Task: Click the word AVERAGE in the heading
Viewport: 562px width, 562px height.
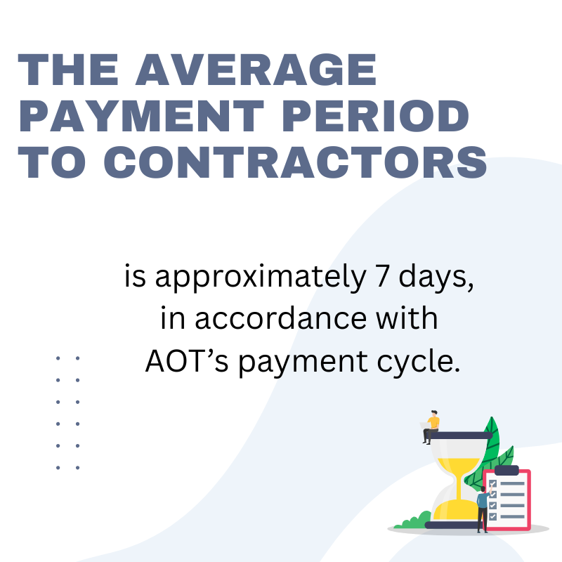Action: [256, 70]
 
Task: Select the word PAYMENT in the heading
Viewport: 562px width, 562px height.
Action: [142, 116]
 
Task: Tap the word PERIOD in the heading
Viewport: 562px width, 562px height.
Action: [376, 116]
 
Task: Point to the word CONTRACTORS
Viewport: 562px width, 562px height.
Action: [295, 162]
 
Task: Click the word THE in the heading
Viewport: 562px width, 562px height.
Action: [68, 70]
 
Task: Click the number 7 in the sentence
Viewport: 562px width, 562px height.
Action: [382, 275]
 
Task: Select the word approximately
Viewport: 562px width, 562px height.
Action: [261, 277]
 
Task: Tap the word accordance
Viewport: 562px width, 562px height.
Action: [280, 318]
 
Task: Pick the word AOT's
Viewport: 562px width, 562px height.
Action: [187, 360]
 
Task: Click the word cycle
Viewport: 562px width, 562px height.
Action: [418, 362]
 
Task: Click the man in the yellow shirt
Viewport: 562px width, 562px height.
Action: [431, 427]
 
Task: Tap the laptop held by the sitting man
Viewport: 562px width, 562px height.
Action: [425, 426]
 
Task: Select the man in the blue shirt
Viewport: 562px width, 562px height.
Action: [483, 509]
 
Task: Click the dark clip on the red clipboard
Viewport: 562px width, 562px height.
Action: [507, 470]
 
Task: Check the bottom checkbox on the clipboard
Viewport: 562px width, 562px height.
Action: [493, 516]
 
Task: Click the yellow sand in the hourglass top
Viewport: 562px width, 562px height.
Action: [459, 466]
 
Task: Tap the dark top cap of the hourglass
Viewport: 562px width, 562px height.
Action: [461, 436]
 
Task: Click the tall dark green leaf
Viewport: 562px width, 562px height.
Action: [491, 441]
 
